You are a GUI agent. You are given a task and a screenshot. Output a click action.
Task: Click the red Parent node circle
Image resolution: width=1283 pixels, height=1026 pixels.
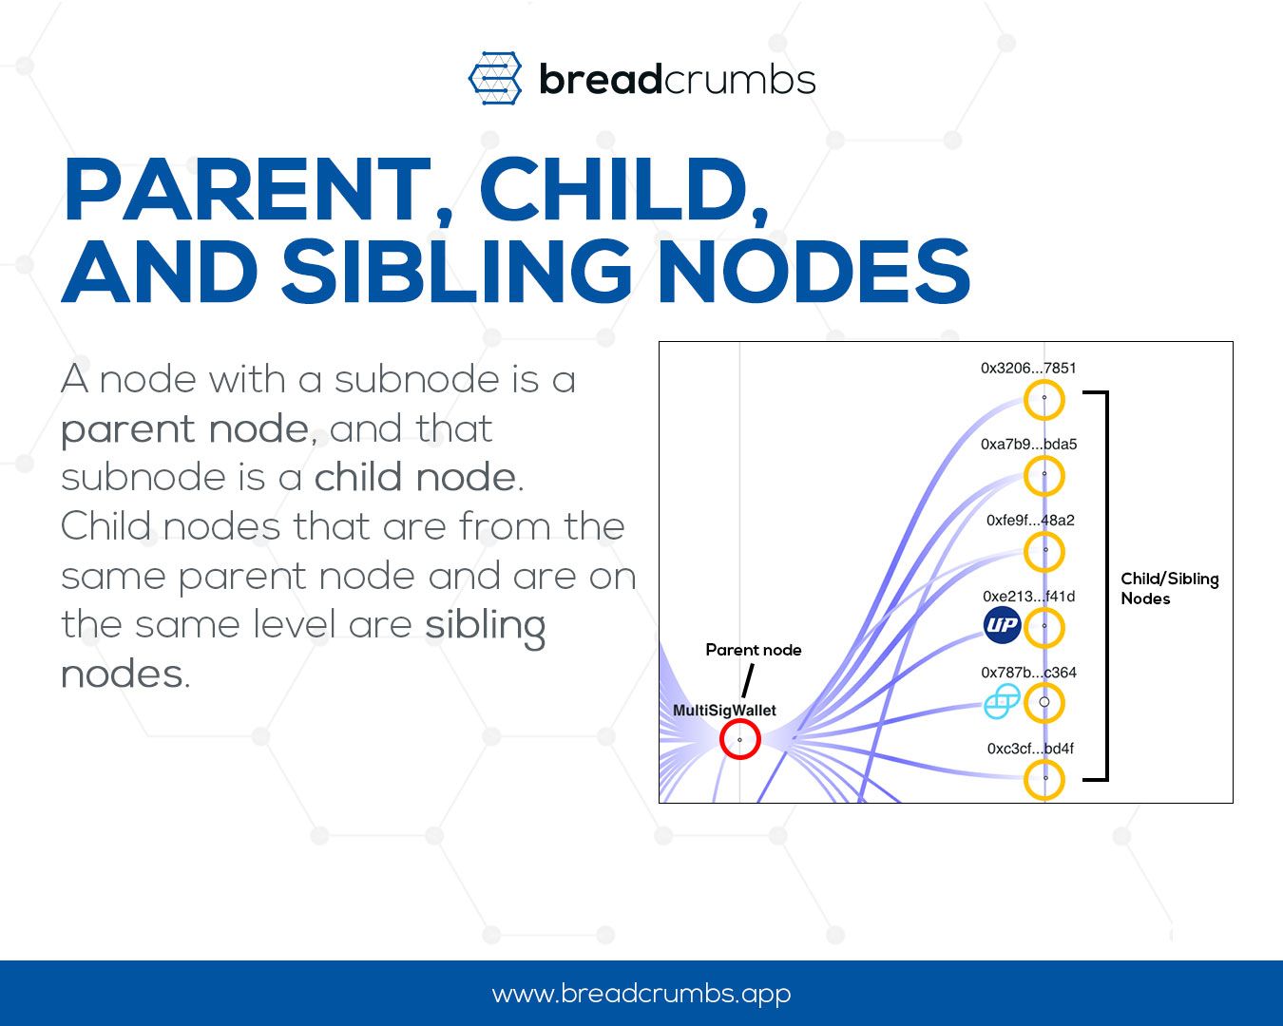click(739, 739)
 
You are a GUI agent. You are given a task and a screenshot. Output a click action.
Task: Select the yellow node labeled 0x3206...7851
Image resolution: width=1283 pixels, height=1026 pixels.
click(1044, 400)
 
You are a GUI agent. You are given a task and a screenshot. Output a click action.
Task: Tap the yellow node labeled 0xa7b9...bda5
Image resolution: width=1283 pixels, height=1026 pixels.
click(1044, 475)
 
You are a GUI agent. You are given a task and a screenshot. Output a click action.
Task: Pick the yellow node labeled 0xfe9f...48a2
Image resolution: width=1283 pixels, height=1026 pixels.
click(1044, 551)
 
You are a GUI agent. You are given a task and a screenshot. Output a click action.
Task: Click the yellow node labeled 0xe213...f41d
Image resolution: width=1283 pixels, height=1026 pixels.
click(1044, 627)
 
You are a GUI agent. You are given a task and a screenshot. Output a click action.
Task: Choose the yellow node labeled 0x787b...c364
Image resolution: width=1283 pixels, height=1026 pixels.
click(1044, 703)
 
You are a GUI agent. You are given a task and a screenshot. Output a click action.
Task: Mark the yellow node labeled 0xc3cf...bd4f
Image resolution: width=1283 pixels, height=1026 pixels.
click(1044, 779)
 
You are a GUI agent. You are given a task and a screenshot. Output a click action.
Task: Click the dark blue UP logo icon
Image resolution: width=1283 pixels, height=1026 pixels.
click(1002, 625)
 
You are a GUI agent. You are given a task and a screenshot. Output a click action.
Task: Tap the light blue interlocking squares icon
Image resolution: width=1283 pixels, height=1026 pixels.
click(1002, 702)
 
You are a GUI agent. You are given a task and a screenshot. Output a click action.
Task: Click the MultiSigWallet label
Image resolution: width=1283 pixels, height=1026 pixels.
click(724, 711)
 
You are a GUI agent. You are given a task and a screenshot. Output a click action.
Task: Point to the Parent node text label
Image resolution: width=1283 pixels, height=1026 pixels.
click(753, 650)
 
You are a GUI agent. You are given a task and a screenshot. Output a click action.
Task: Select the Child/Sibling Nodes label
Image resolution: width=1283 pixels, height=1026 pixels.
click(1168, 588)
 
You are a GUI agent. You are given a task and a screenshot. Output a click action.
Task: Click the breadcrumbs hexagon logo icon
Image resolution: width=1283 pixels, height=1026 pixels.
click(495, 78)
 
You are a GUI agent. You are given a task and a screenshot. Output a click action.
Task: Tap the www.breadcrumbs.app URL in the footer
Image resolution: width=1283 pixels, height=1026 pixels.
click(641, 994)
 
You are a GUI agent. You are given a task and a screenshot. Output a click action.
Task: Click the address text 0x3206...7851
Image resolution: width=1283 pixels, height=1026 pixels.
click(1028, 368)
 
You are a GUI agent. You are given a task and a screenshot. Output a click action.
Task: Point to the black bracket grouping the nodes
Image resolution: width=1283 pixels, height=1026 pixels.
click(1102, 585)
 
